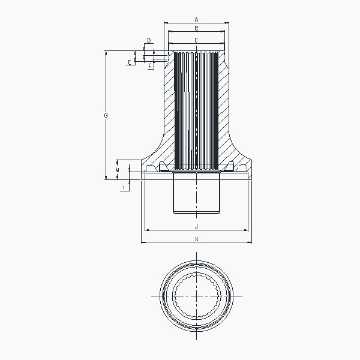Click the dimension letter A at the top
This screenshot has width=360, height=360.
pyautogui.click(x=196, y=19)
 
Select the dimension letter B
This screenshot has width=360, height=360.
pyautogui.click(x=196, y=28)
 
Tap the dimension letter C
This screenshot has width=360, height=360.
pyautogui.click(x=196, y=40)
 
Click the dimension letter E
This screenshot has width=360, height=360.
pyautogui.click(x=129, y=62)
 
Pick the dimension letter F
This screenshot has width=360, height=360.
pyautogui.click(x=150, y=66)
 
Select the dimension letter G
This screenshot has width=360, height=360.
pyautogui.click(x=106, y=114)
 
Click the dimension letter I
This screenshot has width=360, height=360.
pyautogui.click(x=124, y=188)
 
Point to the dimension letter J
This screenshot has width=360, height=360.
pyautogui.click(x=196, y=227)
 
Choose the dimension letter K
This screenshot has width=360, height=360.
pyautogui.click(x=196, y=239)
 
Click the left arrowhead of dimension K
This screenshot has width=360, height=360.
pyautogui.click(x=142, y=242)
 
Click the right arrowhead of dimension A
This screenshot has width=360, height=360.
pyautogui.click(x=228, y=23)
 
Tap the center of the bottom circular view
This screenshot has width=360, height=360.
pyautogui.click(x=196, y=296)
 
